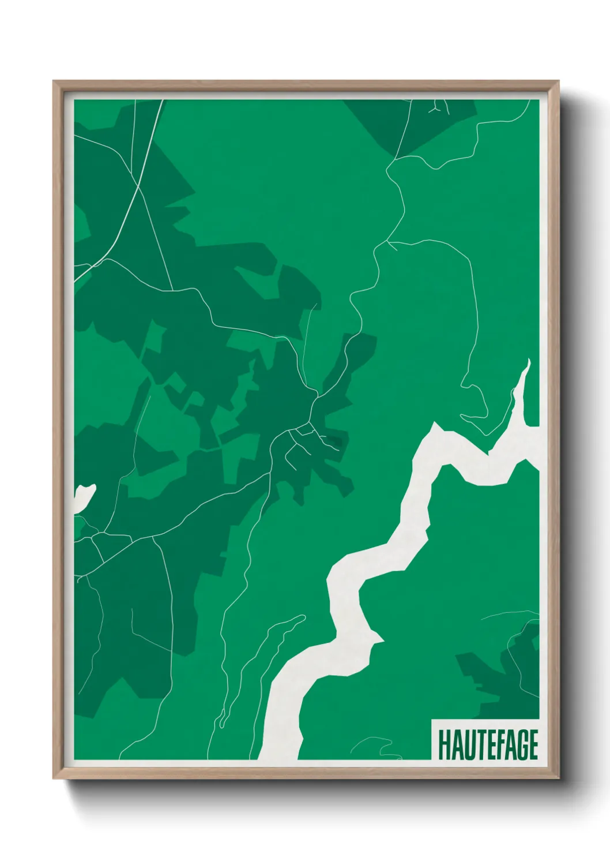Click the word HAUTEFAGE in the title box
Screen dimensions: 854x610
click(x=488, y=744)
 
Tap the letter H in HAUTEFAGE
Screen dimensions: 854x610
click(x=443, y=744)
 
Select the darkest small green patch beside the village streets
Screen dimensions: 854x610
click(x=333, y=443)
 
